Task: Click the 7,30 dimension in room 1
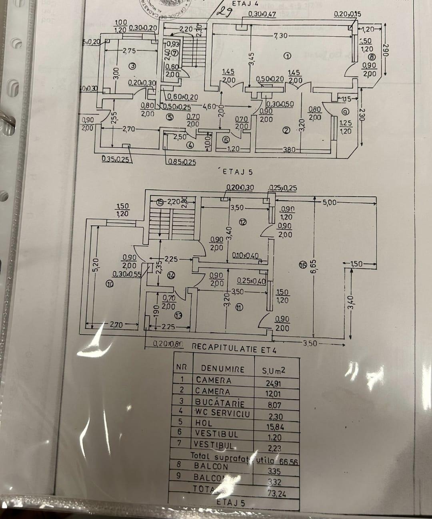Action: (280, 36)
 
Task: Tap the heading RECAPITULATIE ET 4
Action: (234, 347)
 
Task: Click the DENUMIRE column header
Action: (222, 369)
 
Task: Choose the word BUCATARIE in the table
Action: (220, 402)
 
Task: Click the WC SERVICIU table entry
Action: (222, 412)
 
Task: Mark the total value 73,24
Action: (277, 494)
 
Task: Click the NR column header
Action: (182, 366)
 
